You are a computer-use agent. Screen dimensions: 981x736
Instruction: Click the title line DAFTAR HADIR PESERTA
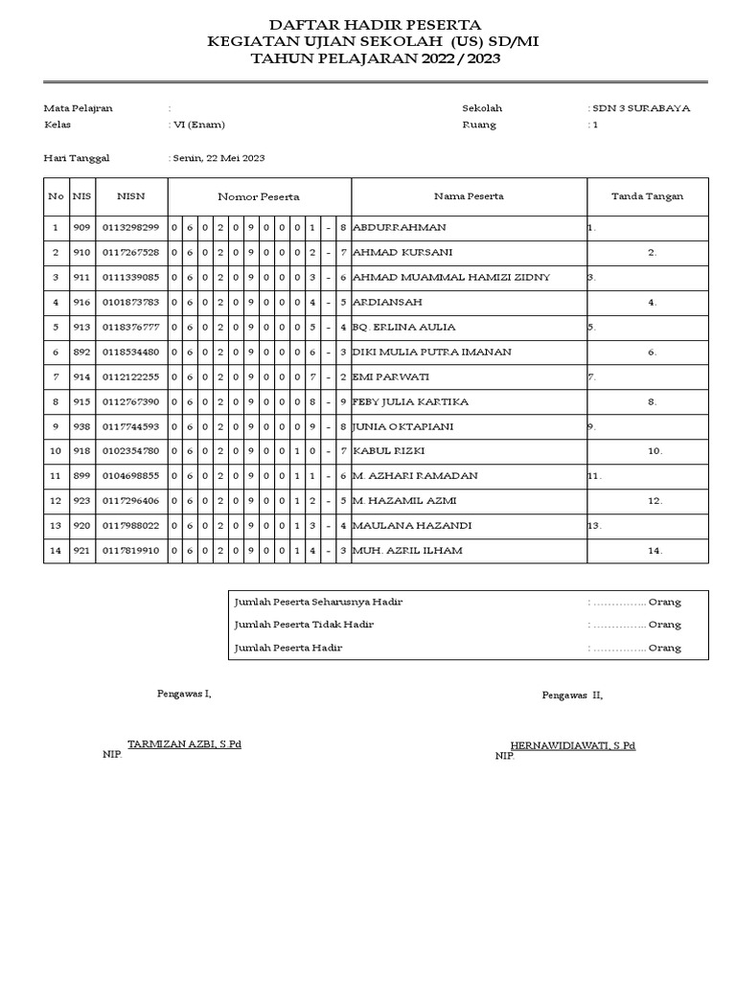click(x=375, y=24)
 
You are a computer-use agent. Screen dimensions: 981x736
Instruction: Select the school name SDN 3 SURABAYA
click(x=641, y=108)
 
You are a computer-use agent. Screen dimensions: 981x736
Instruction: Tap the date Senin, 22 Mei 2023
click(x=218, y=158)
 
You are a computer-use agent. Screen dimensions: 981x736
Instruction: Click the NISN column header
click(x=130, y=196)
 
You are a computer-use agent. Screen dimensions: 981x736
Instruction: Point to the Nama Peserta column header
click(x=469, y=196)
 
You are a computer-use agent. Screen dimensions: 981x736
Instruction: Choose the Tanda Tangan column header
click(x=648, y=196)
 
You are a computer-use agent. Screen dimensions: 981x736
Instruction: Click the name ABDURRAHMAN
click(x=400, y=228)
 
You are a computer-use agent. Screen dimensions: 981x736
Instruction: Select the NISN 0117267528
click(x=130, y=253)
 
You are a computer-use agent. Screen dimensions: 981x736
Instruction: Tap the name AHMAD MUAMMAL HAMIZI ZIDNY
click(x=451, y=278)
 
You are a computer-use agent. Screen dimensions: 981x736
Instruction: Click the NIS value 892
click(x=81, y=353)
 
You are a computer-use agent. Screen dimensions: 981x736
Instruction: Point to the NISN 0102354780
click(x=130, y=451)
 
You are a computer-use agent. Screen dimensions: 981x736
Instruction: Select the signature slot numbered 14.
click(x=655, y=551)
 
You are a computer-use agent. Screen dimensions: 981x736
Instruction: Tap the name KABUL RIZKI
click(x=389, y=451)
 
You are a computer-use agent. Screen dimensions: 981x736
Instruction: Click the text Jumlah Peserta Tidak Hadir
click(x=304, y=625)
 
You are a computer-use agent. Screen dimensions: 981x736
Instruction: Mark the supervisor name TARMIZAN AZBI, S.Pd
click(x=184, y=743)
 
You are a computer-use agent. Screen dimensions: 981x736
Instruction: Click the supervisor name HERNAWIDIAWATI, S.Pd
click(x=572, y=744)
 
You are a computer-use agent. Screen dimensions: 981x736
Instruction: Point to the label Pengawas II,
click(x=572, y=696)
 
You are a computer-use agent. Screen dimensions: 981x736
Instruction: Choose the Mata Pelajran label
click(x=79, y=108)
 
